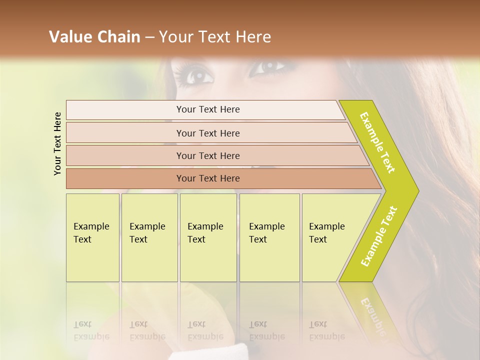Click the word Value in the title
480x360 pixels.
pyautogui.click(x=70, y=37)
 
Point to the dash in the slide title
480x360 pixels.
pyautogui.click(x=149, y=37)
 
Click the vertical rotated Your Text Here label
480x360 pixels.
pyautogui.click(x=57, y=143)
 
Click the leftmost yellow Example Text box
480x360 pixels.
pyautogui.click(x=92, y=237)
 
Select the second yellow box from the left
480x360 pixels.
pyautogui.click(x=149, y=237)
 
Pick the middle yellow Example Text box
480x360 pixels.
pyautogui.click(x=208, y=237)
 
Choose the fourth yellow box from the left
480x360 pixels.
pyautogui.click(x=269, y=237)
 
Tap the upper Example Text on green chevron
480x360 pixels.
pyautogui.click(x=377, y=142)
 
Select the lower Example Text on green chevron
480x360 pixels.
pyautogui.click(x=379, y=236)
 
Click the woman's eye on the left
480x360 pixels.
pyautogui.click(x=198, y=76)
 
